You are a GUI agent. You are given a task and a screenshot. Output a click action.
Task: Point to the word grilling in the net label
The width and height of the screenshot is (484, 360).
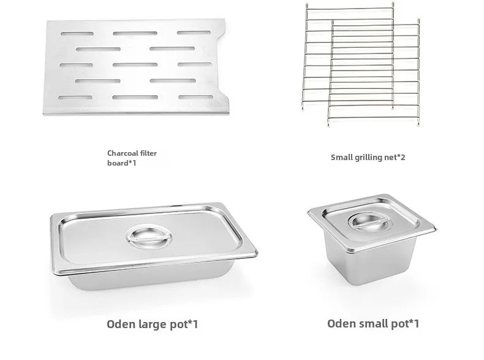[x=369, y=157]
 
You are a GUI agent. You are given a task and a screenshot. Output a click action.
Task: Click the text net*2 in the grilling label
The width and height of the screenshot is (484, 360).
[x=395, y=157]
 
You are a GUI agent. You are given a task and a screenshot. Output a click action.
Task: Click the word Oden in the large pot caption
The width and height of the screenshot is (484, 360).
[x=121, y=323]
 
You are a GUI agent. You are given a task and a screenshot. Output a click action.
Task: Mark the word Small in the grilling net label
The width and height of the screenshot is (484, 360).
[x=342, y=157]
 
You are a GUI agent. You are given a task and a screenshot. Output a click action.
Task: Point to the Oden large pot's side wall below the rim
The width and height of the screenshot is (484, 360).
[x=153, y=279]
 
